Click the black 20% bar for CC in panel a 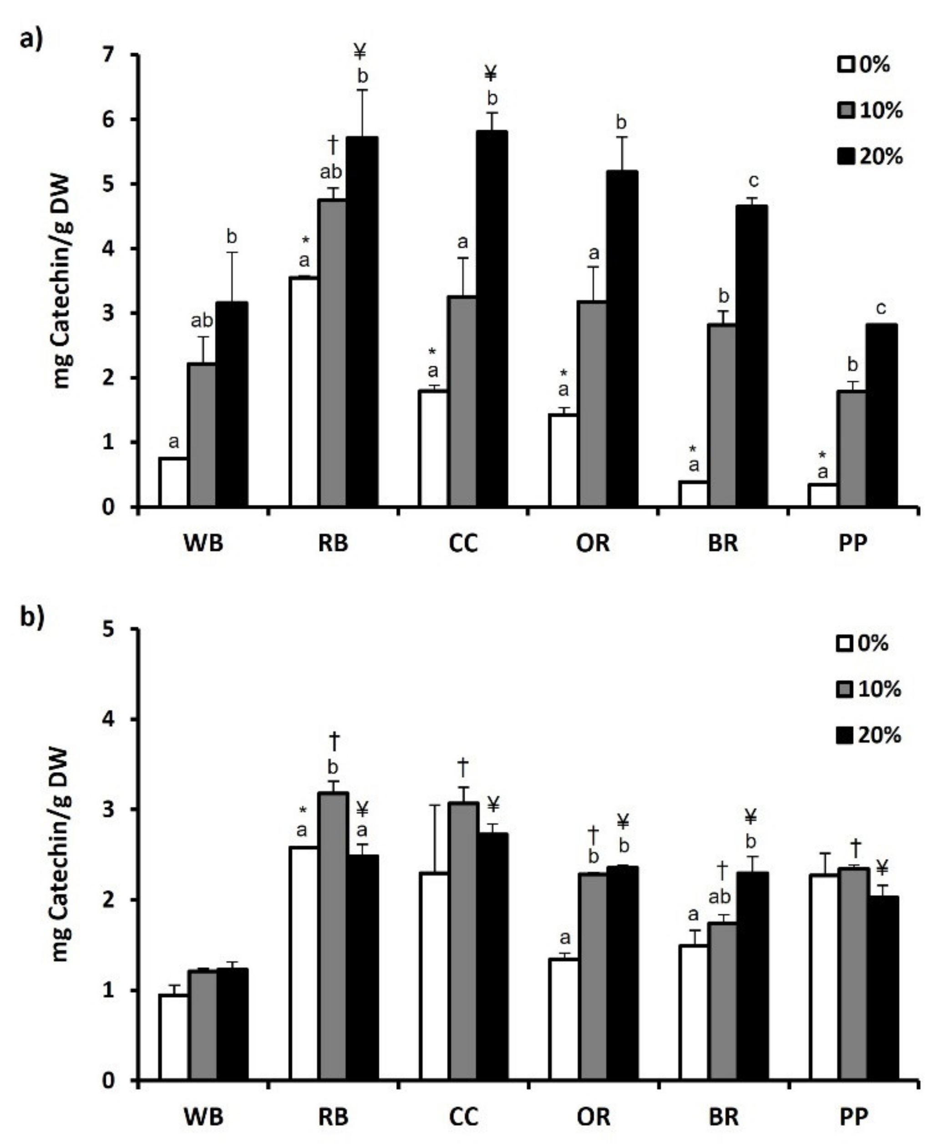pos(492,319)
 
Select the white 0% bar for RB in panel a pos(304,392)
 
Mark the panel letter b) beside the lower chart pos(31,617)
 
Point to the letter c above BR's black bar pos(753,181)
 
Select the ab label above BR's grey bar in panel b pos(720,897)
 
